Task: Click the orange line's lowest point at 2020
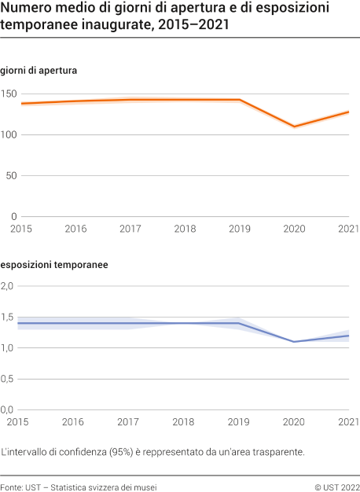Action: pos(295,127)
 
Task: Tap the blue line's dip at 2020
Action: pos(295,342)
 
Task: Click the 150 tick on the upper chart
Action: pos(9,94)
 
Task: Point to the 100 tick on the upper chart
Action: pos(9,135)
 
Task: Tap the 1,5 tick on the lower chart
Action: pos(8,318)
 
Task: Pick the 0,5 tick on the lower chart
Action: pos(8,379)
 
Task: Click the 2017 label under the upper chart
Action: pos(130,229)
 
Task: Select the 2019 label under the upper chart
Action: pos(240,229)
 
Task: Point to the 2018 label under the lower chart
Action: pos(185,422)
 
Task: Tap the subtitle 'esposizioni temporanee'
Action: pos(54,265)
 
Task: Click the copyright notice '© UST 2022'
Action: pos(336,488)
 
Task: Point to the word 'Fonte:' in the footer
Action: pos(13,488)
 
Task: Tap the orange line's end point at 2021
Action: pos(349,112)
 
